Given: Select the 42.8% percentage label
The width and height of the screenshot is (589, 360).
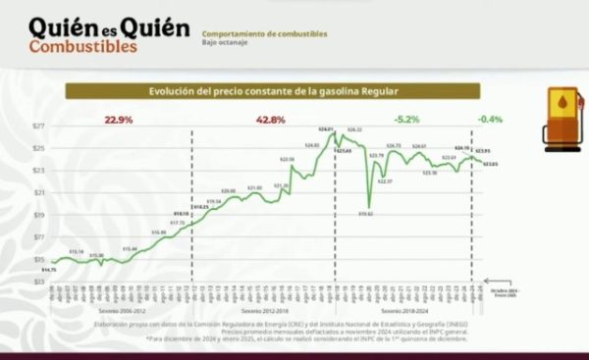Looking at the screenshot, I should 271,120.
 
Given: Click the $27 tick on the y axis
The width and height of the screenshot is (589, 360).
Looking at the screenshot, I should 38,127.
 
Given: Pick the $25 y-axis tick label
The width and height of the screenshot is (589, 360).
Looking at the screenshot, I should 38,149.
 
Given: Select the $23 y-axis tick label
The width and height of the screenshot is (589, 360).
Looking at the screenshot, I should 38,171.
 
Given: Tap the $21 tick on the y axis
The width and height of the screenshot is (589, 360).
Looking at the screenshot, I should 38,193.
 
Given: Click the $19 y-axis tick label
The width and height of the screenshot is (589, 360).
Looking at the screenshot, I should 38,216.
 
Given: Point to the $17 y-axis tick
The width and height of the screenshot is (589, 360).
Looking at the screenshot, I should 38,237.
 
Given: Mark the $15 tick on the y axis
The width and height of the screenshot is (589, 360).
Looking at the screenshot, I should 38,260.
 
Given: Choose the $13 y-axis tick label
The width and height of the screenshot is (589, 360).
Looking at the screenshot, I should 38,283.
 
